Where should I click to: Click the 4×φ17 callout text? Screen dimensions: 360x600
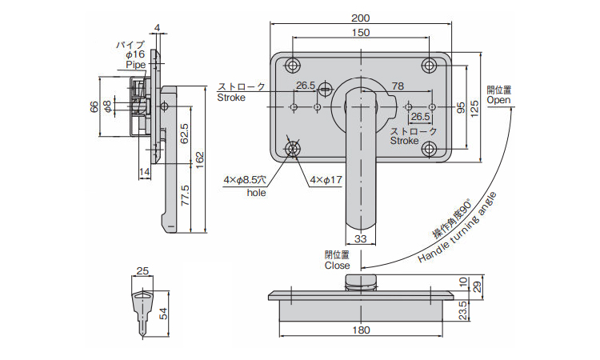pos(326,180)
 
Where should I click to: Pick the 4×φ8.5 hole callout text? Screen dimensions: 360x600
pos(246,181)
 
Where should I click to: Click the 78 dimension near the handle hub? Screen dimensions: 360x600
pos(397,86)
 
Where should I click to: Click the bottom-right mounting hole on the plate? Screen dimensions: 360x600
pos(431,148)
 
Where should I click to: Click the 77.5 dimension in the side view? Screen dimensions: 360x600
pos(184,195)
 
